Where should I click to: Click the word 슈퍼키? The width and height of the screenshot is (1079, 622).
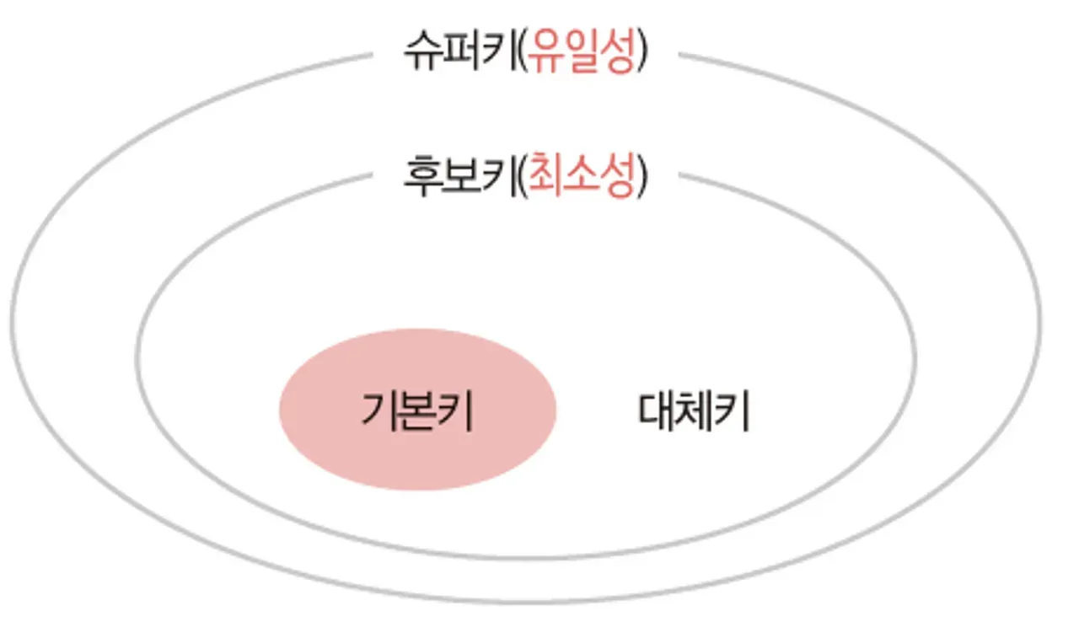pyautogui.click(x=459, y=53)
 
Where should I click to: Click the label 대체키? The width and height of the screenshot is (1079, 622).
pyautogui.click(x=693, y=412)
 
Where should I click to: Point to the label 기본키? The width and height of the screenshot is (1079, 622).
pyautogui.click(x=416, y=412)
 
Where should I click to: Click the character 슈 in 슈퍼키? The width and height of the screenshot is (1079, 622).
pyautogui.click(x=422, y=53)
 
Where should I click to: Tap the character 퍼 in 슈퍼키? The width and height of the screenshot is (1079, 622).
pyautogui.click(x=459, y=53)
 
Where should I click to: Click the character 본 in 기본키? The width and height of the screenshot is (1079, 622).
pyautogui.click(x=417, y=412)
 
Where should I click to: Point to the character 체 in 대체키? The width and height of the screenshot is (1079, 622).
pyautogui.click(x=694, y=412)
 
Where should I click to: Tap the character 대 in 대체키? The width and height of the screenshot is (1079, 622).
pyautogui.click(x=657, y=412)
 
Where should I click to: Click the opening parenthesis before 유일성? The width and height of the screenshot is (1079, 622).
pyautogui.click(x=520, y=53)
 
